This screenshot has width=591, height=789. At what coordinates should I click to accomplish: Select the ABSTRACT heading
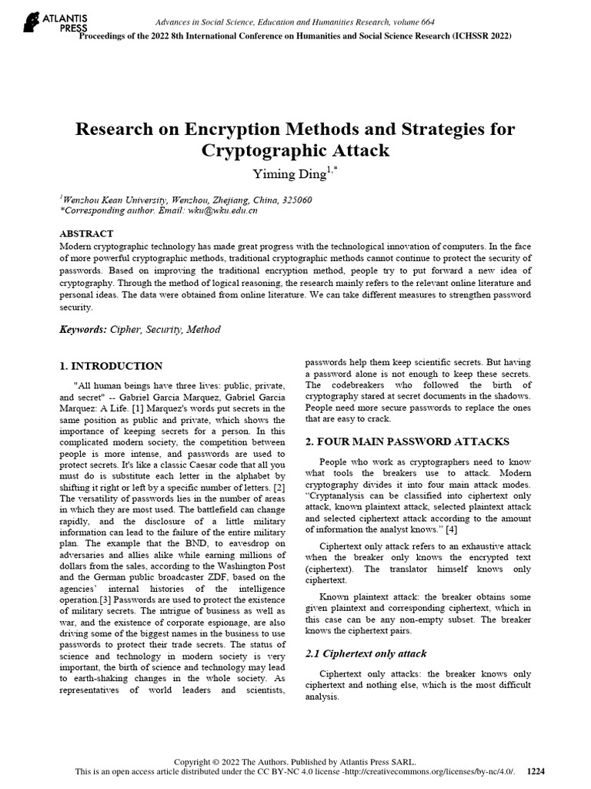click(x=86, y=233)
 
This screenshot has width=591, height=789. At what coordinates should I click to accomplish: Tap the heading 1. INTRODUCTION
click(x=111, y=366)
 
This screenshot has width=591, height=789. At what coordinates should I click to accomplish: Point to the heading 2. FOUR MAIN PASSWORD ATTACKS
click(x=407, y=442)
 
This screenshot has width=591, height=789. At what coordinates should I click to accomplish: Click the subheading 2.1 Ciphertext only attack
click(x=366, y=653)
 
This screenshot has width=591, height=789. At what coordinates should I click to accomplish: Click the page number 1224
click(x=536, y=771)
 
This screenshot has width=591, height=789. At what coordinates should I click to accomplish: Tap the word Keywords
click(x=83, y=329)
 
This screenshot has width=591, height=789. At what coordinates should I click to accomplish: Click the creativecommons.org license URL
click(x=439, y=771)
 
